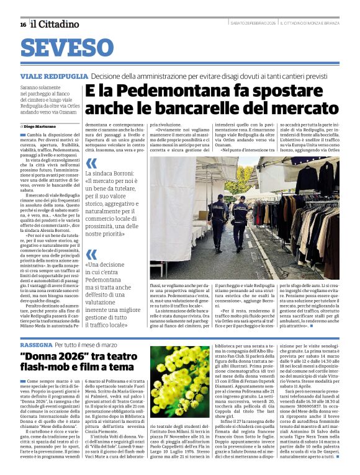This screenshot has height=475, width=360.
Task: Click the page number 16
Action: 23,24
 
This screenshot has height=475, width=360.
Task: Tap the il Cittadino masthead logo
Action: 55,24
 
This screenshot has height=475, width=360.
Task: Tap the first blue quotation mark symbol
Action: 91,164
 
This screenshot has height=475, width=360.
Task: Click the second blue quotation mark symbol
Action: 91,254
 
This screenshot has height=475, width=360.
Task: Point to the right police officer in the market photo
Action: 241,220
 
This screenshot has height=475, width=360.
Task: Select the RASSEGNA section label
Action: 36,344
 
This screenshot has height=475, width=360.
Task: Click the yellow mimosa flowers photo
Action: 179,381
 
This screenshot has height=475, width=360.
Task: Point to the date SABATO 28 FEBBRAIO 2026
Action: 253,24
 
